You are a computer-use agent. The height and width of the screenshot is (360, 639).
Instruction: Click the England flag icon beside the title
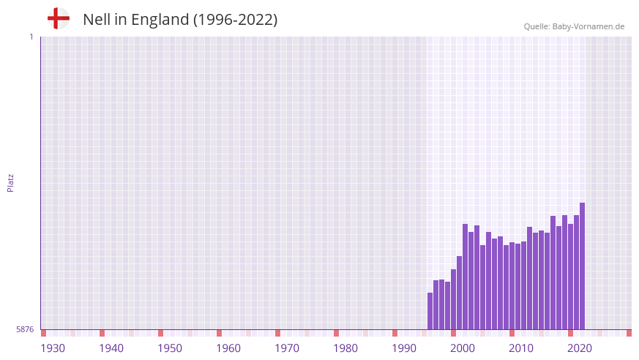59,18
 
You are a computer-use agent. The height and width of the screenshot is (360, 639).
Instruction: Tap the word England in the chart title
159,20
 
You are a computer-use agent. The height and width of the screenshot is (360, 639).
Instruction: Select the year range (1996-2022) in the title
235,20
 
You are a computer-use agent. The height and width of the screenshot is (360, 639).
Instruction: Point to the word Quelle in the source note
537,26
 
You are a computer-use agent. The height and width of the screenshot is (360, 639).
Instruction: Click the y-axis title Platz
10,183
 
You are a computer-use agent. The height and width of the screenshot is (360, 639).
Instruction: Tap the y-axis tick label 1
31,37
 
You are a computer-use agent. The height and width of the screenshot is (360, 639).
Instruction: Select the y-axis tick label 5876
25,330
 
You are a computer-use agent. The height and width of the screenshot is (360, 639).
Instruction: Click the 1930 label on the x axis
53,348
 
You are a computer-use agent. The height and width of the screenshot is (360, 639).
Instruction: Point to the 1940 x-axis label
111,348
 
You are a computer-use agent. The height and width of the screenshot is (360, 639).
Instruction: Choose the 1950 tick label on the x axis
170,348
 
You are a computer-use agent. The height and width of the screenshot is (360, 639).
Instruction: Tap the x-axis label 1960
228,348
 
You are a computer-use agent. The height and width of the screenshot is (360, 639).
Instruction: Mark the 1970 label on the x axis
287,348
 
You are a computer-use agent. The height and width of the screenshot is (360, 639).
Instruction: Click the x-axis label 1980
345,348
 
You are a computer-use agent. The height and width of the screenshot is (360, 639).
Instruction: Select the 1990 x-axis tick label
404,348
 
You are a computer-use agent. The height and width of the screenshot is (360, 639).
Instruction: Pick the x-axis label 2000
463,348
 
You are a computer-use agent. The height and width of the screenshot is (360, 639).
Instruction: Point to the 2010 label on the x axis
521,348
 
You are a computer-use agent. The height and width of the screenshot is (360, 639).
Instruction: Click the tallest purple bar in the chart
582,266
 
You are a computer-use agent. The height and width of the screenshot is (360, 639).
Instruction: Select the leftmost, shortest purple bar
430,312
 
